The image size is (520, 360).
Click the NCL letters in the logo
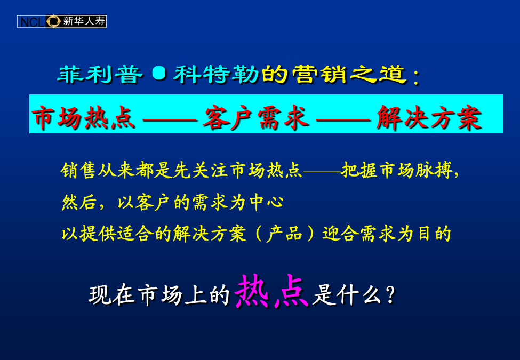pos(32,22)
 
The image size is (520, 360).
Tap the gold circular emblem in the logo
pos(53,21)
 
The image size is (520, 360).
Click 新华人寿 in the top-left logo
pos(84,21)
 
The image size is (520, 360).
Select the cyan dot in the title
pos(159,73)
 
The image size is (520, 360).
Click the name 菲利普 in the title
pos(100,74)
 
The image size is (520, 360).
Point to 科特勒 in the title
pos(216,74)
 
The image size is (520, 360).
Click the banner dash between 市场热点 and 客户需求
pos(170,119)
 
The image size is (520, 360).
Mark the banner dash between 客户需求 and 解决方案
pos(343,119)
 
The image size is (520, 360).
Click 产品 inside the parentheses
pos(285,234)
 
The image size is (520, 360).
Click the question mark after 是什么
pos(391,294)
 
